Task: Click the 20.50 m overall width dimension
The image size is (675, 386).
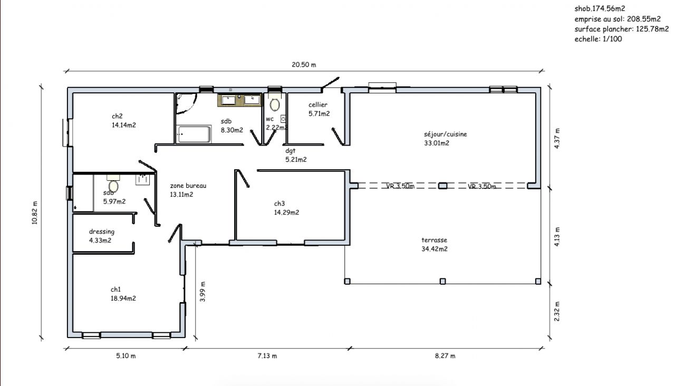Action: coord(304,65)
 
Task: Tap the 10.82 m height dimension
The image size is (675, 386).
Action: coord(35,213)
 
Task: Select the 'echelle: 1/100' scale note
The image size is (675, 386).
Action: coord(598,39)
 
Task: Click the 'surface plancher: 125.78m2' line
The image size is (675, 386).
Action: coord(622,29)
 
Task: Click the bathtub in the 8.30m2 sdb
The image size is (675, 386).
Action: coord(194,134)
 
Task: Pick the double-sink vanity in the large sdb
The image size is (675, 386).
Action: coord(239,100)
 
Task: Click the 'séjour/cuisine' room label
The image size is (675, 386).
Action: coord(446,134)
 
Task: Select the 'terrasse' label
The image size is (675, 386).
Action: coord(434,240)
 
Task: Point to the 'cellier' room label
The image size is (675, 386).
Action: coord(317,105)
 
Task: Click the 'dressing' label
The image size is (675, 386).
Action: coord(102,231)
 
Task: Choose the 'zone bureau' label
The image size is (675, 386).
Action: coord(188,186)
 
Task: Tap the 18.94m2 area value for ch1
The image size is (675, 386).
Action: coord(123,298)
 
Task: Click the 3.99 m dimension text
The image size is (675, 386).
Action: coord(202,292)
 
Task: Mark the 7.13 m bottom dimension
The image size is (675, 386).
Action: coord(267,356)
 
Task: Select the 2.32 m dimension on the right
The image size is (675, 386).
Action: coord(556,311)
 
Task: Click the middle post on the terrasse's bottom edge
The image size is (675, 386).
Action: coord(442,282)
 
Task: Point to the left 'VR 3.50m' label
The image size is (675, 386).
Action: coord(400,186)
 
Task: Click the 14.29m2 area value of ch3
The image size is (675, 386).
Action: coord(286,213)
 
